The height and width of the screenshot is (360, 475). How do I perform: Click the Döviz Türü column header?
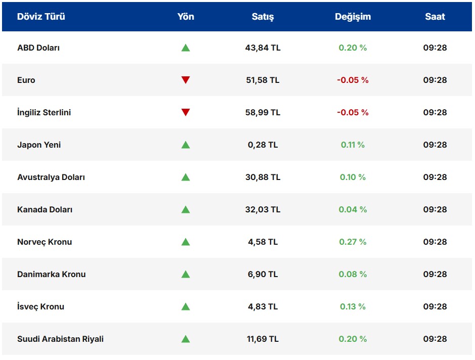(x=41, y=17)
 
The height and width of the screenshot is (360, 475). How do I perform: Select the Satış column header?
(x=263, y=17)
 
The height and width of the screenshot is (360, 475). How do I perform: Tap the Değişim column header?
(x=353, y=17)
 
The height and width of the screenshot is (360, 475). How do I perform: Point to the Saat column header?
(x=435, y=17)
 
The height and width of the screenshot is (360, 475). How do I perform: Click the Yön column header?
(x=186, y=17)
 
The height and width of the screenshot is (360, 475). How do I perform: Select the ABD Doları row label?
(x=38, y=48)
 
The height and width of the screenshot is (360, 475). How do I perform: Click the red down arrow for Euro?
(x=186, y=80)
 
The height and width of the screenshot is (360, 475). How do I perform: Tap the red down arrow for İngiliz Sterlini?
(x=186, y=112)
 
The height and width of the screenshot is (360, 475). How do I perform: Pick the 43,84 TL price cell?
(x=263, y=48)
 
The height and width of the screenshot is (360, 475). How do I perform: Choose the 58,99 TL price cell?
(x=263, y=112)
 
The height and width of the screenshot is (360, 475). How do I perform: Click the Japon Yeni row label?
(x=39, y=145)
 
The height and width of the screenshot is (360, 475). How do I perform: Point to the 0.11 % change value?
(x=353, y=145)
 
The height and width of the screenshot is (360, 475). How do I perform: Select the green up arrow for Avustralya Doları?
(x=186, y=177)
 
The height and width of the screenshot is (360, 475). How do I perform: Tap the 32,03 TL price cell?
(x=263, y=210)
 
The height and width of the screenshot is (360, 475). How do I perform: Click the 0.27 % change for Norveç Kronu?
(x=353, y=242)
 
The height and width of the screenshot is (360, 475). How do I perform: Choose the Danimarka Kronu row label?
(x=52, y=275)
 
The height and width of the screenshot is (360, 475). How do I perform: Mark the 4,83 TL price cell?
(x=263, y=307)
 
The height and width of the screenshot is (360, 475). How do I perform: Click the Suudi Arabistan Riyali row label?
(x=60, y=339)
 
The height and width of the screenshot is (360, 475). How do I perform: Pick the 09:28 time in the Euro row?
(x=435, y=80)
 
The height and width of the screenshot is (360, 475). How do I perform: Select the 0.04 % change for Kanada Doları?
(x=353, y=210)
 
